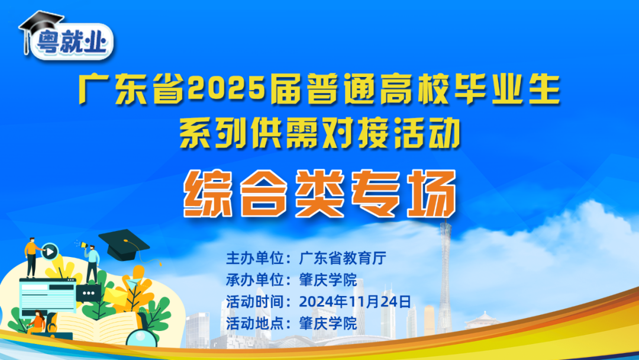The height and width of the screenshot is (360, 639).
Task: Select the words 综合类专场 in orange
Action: click(319, 193)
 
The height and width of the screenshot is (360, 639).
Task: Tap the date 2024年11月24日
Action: click(354, 301)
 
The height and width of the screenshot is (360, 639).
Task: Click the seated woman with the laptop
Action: click(37, 323)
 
